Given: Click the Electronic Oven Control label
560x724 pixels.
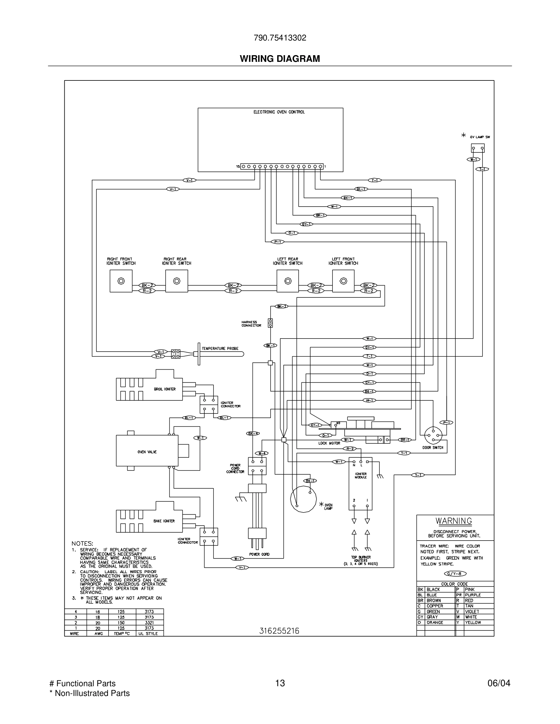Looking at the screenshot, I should click(279, 112).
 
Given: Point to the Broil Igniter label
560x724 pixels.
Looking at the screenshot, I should click(164, 389).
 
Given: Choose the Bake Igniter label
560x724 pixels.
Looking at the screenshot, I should click(164, 521).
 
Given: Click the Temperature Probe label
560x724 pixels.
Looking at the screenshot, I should click(220, 348).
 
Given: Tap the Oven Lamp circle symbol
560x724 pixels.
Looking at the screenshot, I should click(303, 499).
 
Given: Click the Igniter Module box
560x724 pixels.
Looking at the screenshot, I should click(360, 484).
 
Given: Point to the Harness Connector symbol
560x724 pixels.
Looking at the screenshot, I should click(270, 323).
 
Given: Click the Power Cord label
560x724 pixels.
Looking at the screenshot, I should click(259, 554).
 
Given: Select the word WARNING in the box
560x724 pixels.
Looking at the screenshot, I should click(454, 521).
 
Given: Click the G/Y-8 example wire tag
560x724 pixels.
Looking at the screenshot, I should click(455, 574).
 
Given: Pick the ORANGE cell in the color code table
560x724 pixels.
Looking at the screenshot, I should click(435, 623).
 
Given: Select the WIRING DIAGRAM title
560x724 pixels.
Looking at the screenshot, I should click(280, 59).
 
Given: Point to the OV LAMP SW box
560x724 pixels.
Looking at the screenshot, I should click(477, 148).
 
